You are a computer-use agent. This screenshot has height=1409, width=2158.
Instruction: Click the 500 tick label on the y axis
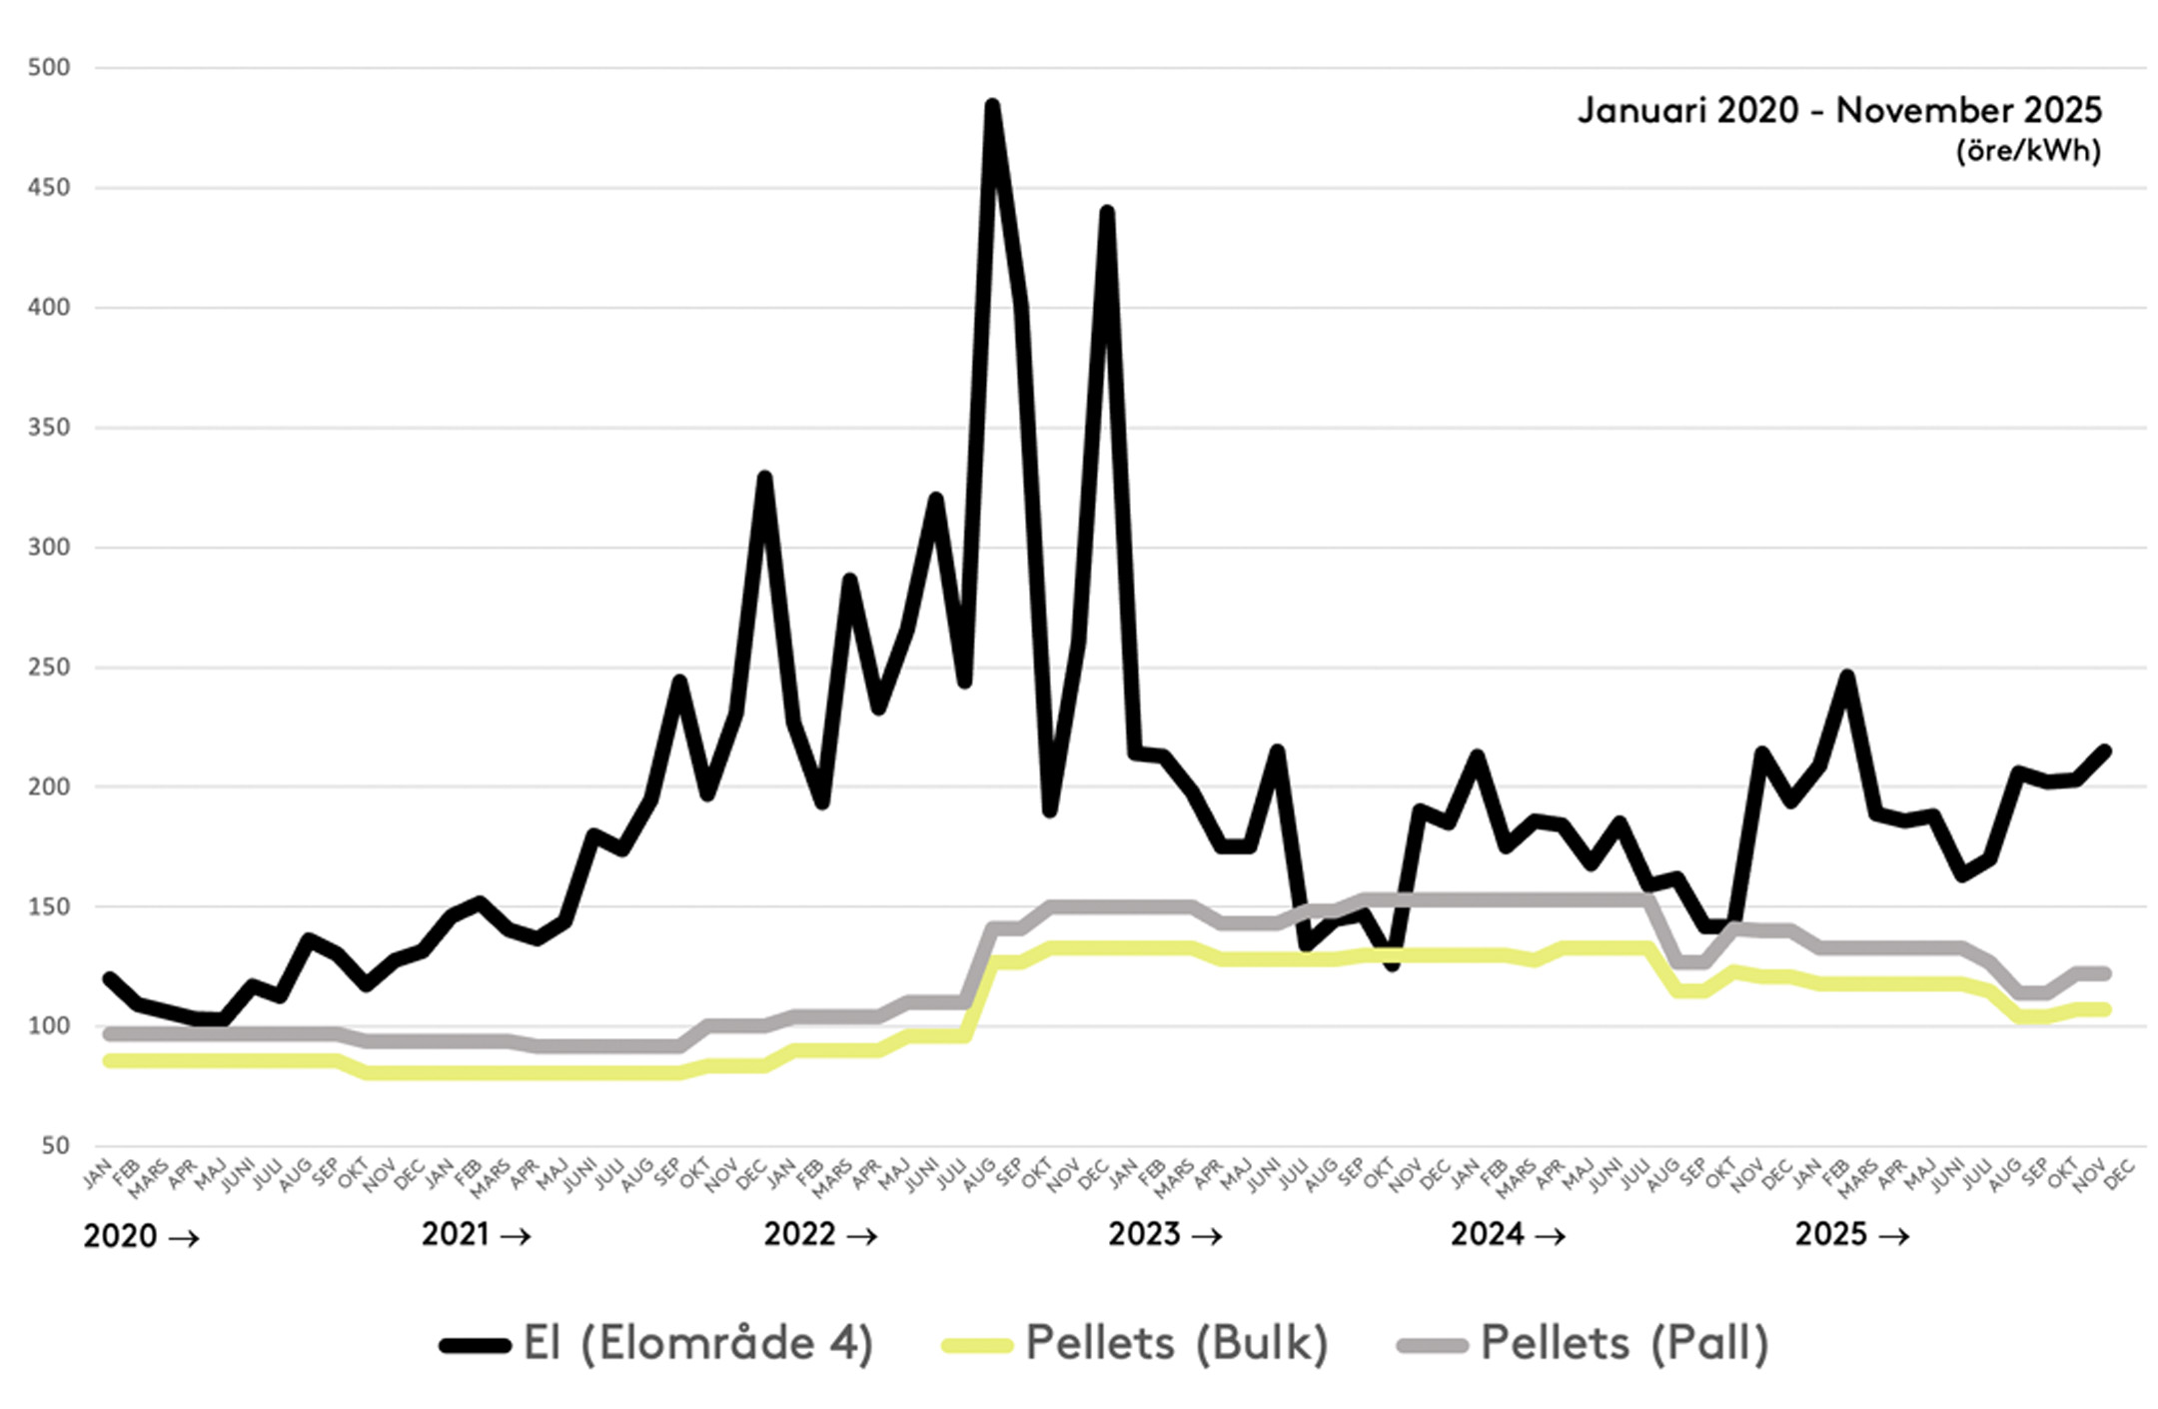(x=49, y=68)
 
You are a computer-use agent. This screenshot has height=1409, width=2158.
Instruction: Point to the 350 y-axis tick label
(x=49, y=428)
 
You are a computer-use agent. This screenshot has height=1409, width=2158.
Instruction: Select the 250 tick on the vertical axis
(x=49, y=668)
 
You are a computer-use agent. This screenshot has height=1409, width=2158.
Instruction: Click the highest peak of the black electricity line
(x=992, y=105)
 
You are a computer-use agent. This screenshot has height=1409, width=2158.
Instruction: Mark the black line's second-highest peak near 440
(x=1107, y=212)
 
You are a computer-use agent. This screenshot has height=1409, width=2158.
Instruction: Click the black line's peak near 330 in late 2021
(x=764, y=478)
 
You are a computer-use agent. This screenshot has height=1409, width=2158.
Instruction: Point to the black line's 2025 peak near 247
(x=1847, y=677)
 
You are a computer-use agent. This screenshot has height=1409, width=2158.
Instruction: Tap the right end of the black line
(x=2105, y=750)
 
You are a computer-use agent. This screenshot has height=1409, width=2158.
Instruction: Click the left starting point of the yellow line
(x=109, y=1060)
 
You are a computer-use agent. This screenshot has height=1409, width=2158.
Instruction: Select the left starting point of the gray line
(x=109, y=1034)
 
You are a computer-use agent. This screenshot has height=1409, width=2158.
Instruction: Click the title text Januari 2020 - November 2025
(x=1839, y=110)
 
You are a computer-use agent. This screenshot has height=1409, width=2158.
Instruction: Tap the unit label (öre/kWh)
(x=2028, y=151)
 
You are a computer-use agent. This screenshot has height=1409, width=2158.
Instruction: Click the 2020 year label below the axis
(x=120, y=1237)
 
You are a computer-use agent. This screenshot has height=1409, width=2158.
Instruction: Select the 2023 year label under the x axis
(x=1144, y=1235)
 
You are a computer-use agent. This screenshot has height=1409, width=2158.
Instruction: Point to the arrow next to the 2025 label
(x=1893, y=1237)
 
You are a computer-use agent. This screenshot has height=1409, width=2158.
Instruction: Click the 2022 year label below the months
(x=799, y=1235)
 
